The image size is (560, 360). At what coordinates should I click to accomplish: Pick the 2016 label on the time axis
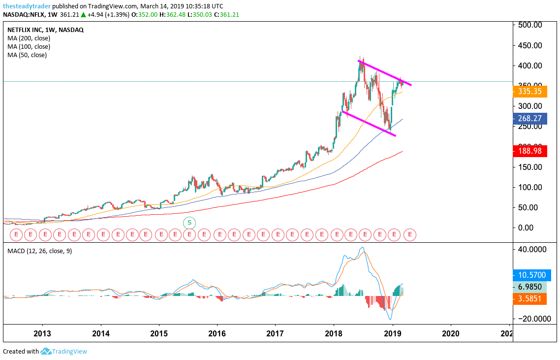(x=217, y=333)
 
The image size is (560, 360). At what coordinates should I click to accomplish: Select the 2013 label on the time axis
(x=42, y=333)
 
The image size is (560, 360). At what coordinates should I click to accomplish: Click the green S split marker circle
(x=189, y=223)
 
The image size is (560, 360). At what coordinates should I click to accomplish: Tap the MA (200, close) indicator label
(x=29, y=38)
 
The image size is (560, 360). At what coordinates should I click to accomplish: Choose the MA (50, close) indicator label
(x=27, y=55)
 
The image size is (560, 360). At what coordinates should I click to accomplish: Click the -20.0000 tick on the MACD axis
(x=530, y=319)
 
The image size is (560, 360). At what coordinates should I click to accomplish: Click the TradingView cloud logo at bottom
(x=46, y=352)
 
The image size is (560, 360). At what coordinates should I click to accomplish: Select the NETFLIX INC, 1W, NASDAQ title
(x=45, y=30)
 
